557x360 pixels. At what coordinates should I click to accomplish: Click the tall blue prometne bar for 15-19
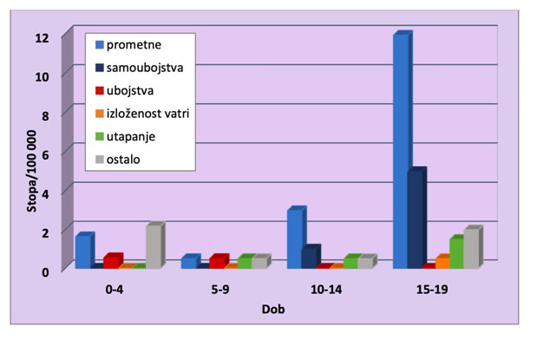tap(401, 152)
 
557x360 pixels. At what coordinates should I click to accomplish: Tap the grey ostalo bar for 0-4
tap(153, 247)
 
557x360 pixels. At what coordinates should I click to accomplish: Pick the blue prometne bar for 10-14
tap(295, 239)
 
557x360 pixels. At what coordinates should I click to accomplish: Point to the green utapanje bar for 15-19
tap(456, 253)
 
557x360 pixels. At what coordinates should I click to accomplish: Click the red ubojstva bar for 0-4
tap(111, 262)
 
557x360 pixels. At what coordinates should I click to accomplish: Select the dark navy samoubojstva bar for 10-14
tap(309, 259)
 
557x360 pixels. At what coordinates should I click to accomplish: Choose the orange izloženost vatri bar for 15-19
tap(442, 262)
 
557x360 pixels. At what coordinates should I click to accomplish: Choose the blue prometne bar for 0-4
tap(83, 252)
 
